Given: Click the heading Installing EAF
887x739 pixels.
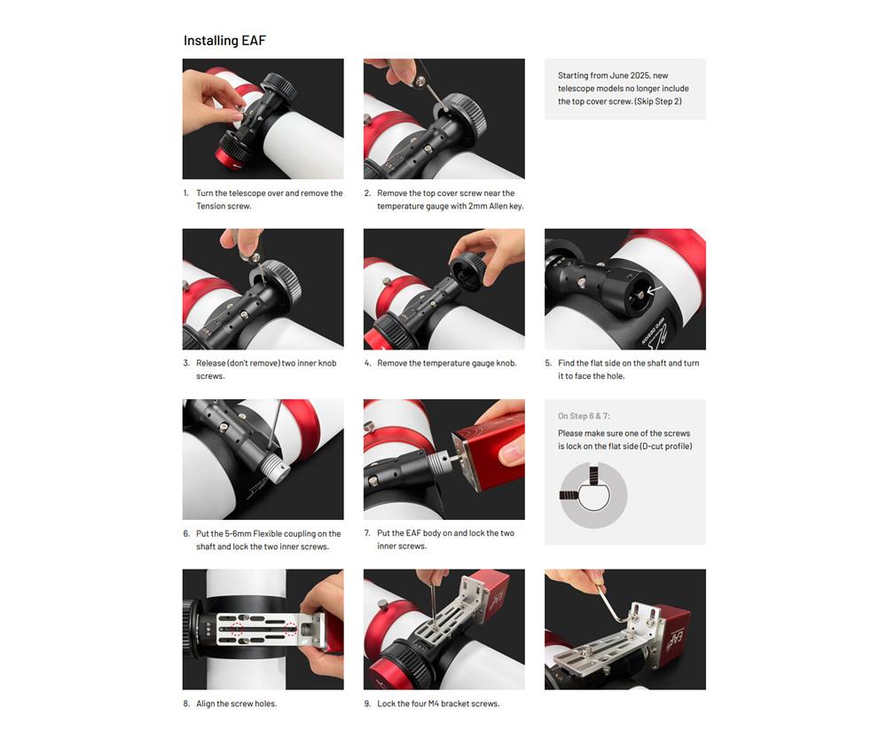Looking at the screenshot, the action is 224,41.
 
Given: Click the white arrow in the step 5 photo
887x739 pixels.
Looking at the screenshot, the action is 654,290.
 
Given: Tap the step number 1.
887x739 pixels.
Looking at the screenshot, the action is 185,193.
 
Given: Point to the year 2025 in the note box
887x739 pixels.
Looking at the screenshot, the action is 640,75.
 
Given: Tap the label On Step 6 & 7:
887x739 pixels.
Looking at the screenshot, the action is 584,416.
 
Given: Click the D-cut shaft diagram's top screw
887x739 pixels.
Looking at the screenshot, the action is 593,474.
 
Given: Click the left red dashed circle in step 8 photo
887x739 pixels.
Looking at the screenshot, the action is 238,629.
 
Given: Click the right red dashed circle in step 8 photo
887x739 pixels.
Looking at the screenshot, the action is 291,628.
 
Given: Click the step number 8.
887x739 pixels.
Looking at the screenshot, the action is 186,704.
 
